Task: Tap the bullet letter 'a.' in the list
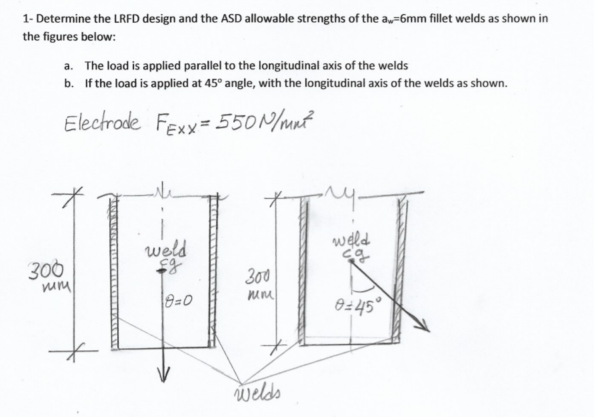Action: [68, 66]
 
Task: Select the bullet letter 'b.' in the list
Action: [69, 84]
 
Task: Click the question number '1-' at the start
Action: [28, 19]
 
